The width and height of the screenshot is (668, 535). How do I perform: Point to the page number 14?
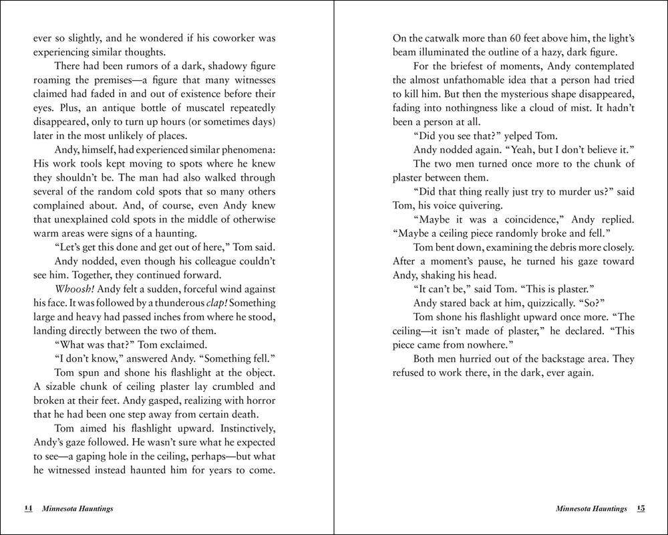click(28, 508)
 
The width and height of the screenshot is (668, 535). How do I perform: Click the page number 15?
click(640, 508)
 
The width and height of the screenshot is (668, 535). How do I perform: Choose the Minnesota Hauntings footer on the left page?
click(76, 509)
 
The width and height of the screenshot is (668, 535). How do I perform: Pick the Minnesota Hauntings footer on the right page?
click(591, 509)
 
